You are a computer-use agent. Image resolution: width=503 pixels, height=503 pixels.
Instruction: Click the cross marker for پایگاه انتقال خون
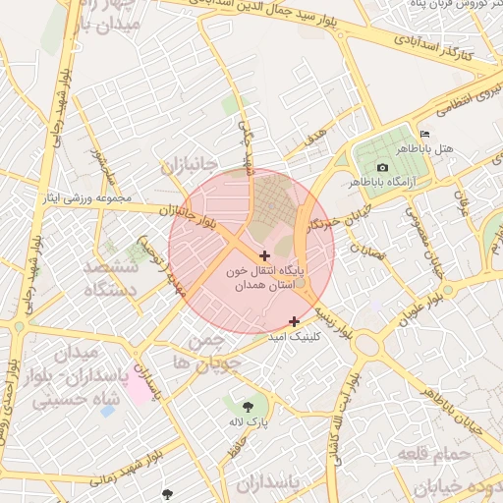click(x=265, y=255)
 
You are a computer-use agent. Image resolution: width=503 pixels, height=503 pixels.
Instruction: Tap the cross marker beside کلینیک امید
click(x=294, y=321)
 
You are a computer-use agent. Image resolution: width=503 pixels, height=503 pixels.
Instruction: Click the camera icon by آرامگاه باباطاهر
click(x=382, y=167)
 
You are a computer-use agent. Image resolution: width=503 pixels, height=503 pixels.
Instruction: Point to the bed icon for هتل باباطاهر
click(x=424, y=134)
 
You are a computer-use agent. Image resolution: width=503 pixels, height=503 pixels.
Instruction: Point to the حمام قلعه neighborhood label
click(x=436, y=454)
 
